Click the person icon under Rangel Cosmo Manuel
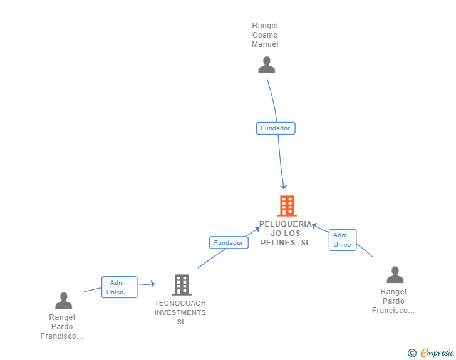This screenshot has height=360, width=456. tap(266, 65)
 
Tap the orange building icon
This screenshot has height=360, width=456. tap(287, 206)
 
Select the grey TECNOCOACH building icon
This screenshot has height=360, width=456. tap(182, 285)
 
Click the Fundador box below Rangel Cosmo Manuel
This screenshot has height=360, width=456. tap(276, 128)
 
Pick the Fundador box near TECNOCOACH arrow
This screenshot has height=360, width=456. tap(229, 243)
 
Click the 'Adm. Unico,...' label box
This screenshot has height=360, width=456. tap(119, 287)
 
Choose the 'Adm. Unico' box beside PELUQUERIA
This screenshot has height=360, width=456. tap(343, 240)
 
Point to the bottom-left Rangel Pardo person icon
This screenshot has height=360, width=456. tap(63, 301)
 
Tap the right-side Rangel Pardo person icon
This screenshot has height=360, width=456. tap(395, 274)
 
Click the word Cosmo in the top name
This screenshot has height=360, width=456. tap(265, 35)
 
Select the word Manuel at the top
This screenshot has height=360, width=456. tap(265, 44)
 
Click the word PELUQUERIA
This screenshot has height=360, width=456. tap(285, 224)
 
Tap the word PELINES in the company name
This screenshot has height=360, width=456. tap(277, 243)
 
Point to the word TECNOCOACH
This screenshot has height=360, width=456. tap(180, 303)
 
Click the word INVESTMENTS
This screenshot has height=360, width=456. tap(180, 312)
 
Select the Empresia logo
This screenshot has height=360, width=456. tap(437, 352)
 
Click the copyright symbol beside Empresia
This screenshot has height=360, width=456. tap(412, 353)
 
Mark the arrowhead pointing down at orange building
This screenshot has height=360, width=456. tap(284, 187)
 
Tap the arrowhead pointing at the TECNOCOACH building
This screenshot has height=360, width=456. tap(152, 284)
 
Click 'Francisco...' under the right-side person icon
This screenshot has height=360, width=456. tap(393, 311)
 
